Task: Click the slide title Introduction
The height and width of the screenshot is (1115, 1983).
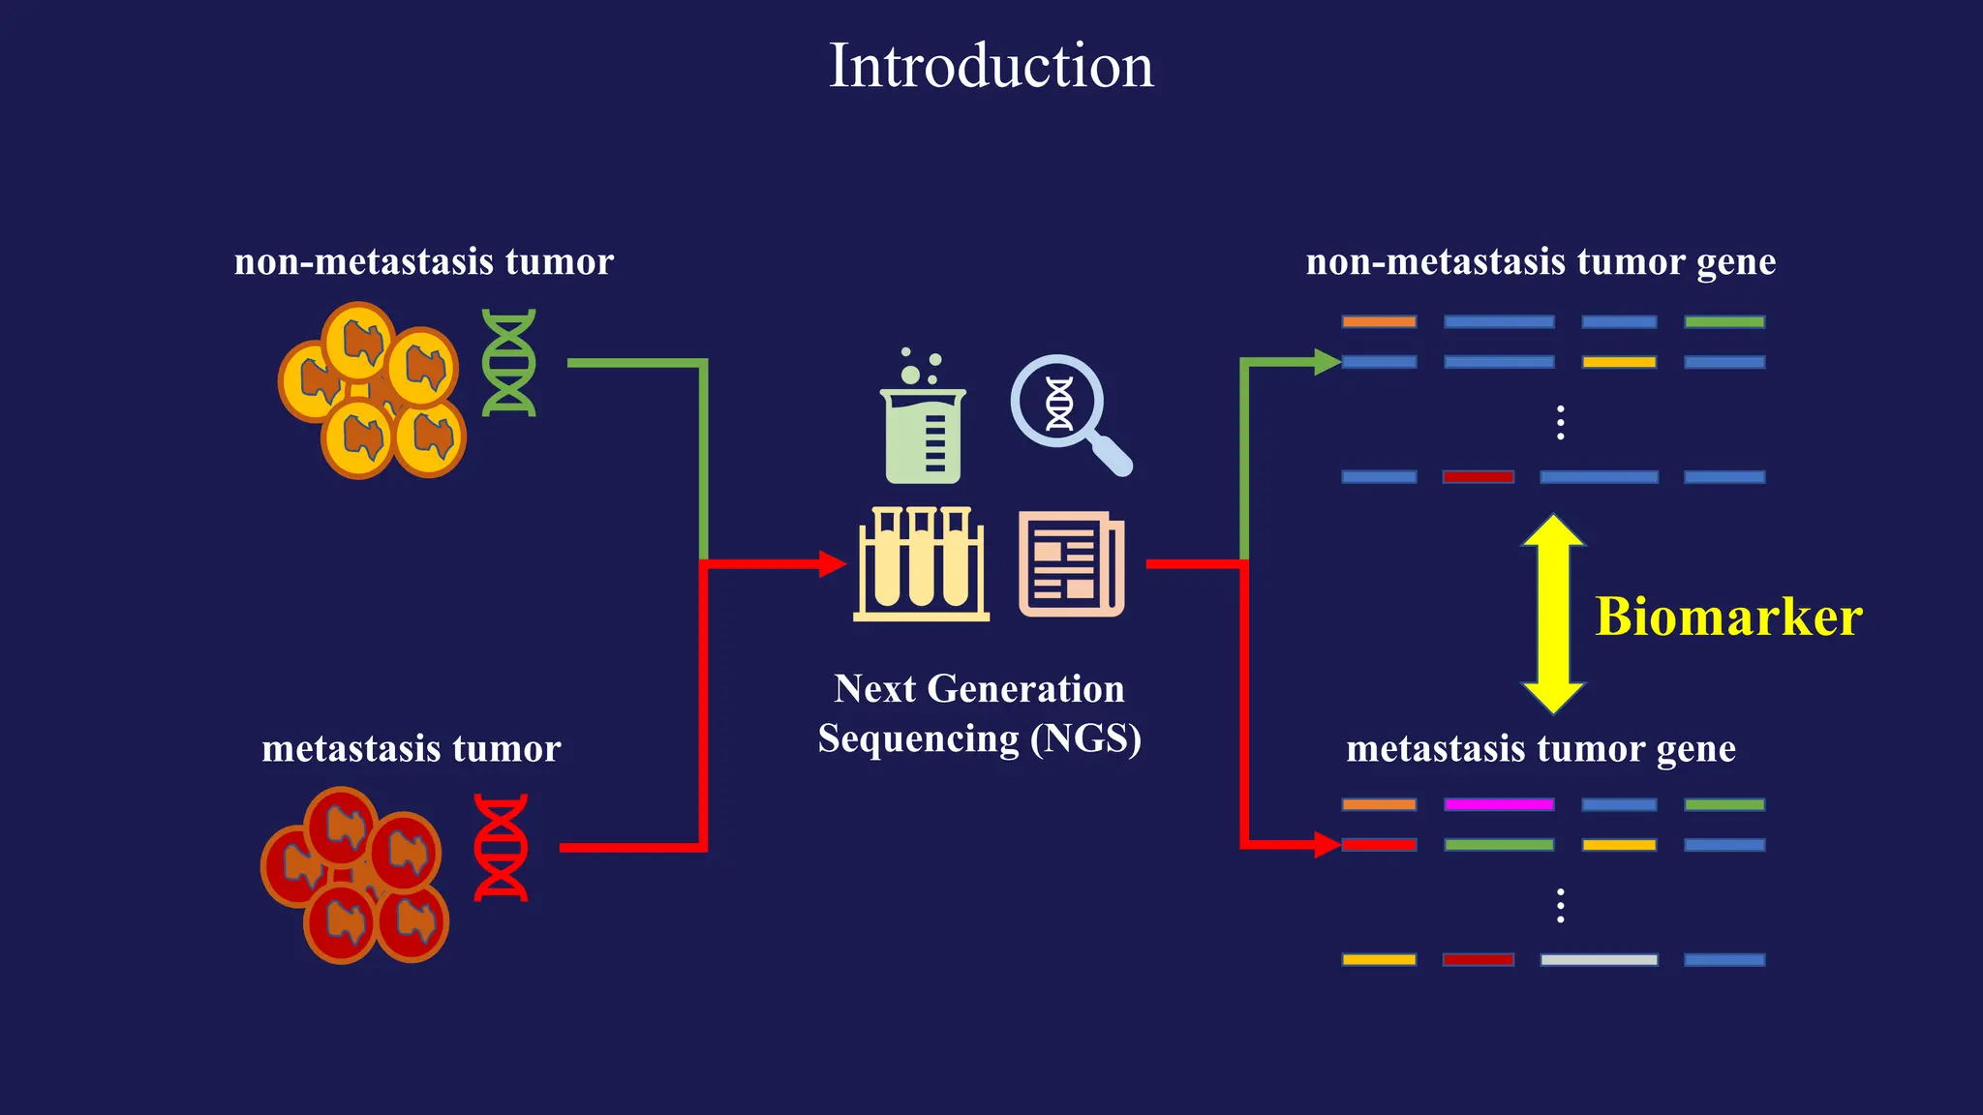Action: click(x=991, y=66)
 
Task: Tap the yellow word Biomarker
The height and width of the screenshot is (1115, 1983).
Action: click(x=1728, y=617)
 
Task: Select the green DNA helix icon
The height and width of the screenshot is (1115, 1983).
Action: click(x=509, y=363)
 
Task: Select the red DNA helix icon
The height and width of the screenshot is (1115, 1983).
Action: click(x=501, y=848)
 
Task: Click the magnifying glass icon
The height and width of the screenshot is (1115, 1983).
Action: click(x=1066, y=411)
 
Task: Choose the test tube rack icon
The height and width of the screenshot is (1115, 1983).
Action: click(x=921, y=564)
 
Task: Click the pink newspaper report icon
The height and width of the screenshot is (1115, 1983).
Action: click(x=1071, y=564)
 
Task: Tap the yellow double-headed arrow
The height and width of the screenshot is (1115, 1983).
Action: click(x=1553, y=614)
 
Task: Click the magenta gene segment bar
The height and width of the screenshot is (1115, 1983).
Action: click(x=1499, y=804)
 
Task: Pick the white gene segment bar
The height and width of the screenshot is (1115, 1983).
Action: click(x=1599, y=960)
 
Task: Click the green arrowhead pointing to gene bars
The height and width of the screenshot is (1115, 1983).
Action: click(x=1327, y=362)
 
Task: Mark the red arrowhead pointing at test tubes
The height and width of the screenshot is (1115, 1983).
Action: click(x=832, y=563)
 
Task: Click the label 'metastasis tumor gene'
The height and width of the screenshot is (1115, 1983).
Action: click(x=1541, y=748)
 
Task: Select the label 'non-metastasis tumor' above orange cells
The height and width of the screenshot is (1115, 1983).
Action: click(x=423, y=261)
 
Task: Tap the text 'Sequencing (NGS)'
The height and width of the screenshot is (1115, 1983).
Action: click(x=979, y=738)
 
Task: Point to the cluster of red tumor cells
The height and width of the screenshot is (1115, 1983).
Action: click(x=355, y=876)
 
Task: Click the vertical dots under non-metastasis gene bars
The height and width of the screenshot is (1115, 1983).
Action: click(x=1560, y=423)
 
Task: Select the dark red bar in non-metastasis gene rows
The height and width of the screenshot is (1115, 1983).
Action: click(x=1478, y=477)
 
